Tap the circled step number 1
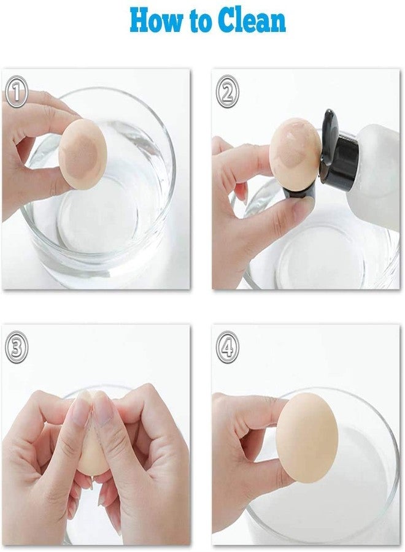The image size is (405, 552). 17,93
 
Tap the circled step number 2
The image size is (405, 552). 228,93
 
